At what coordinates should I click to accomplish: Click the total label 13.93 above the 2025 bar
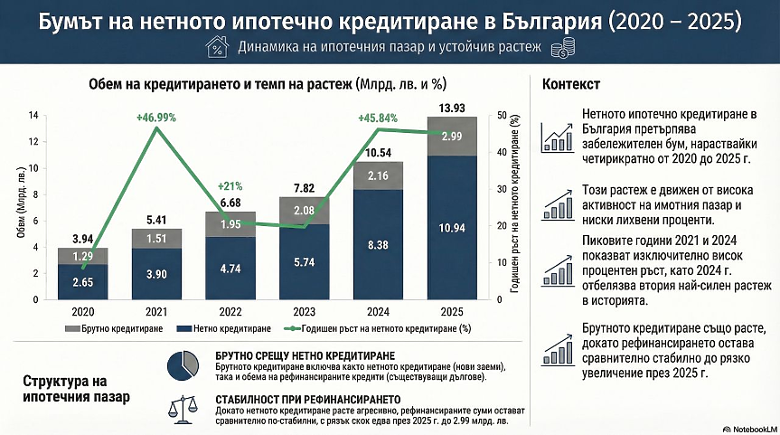click(452, 109)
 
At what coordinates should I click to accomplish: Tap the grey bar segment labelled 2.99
click(452, 137)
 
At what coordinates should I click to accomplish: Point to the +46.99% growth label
click(156, 118)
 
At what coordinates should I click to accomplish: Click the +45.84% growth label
click(378, 118)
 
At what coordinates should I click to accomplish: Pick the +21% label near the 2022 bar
click(224, 186)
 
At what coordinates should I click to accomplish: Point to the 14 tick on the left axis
click(33, 116)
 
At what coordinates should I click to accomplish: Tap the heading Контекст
click(570, 85)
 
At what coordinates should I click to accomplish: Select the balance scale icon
click(183, 408)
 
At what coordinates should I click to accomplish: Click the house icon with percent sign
click(217, 47)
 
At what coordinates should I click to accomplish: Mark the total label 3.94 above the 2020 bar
click(82, 240)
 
